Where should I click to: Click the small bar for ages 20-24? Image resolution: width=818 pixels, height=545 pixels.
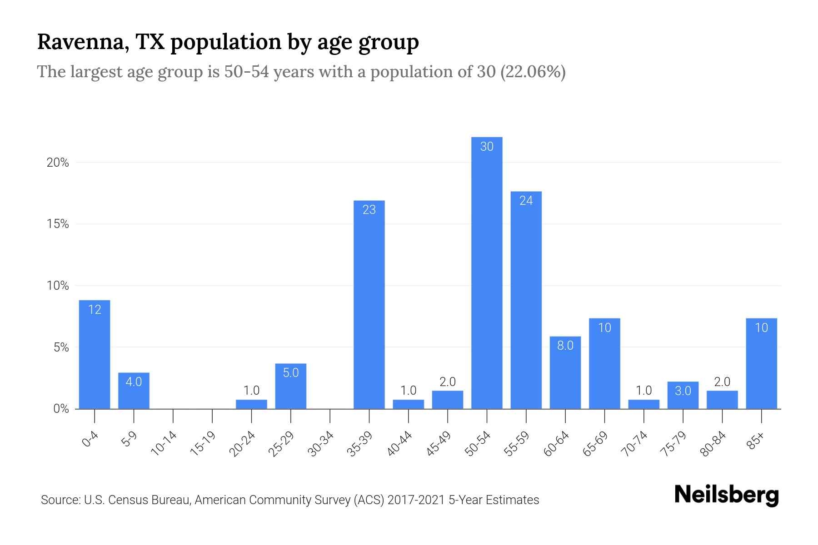pos(251,404)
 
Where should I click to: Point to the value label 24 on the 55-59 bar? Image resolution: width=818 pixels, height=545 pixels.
pos(526,201)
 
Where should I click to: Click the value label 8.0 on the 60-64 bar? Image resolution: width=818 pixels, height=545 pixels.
pos(565,346)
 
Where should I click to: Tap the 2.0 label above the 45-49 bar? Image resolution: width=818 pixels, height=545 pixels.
pos(448,381)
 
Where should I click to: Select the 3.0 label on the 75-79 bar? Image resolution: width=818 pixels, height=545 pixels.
pos(683,391)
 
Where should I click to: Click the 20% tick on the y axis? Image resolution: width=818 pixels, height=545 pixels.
pos(58,163)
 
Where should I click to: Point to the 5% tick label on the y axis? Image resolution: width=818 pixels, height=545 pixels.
pos(61,347)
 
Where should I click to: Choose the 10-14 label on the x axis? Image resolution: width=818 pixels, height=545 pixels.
pos(164,444)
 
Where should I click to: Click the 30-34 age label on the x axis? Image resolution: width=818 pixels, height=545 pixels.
pos(321,444)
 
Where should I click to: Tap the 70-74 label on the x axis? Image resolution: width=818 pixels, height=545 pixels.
pos(634,444)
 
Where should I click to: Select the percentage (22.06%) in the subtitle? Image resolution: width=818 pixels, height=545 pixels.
pos(533,72)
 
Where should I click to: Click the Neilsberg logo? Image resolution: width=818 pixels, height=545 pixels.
pos(726,495)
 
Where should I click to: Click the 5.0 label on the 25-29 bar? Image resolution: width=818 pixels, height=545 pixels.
pos(290,373)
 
